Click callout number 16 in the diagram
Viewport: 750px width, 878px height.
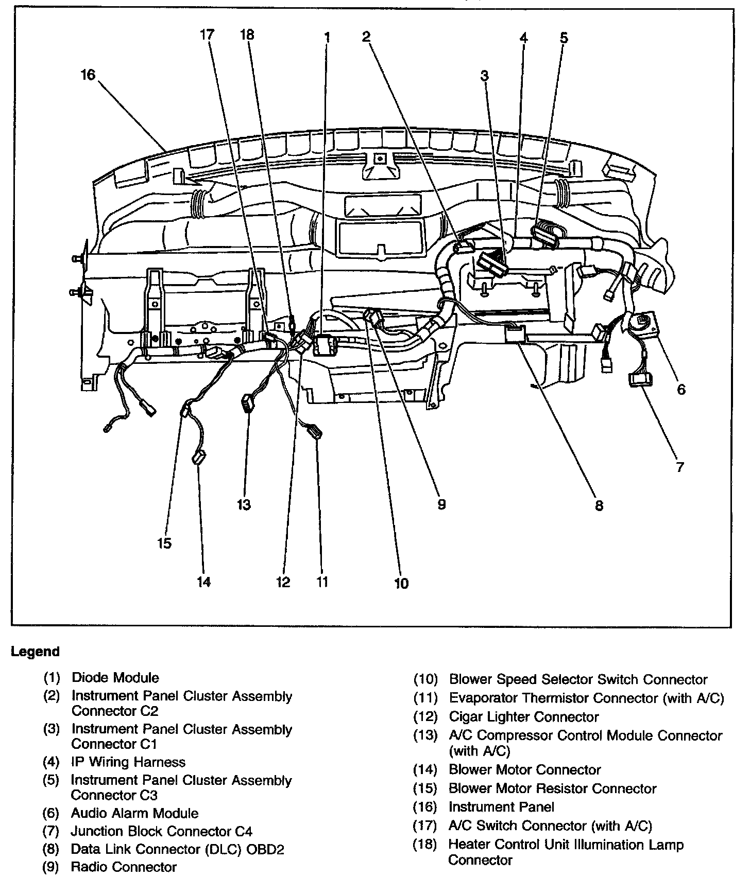(88, 75)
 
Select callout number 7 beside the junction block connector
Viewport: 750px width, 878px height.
(680, 467)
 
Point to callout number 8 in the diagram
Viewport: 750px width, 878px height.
(599, 505)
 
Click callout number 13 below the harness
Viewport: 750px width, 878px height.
(244, 504)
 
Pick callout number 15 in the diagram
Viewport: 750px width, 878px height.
(164, 543)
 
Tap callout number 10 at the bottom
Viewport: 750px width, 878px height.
(401, 583)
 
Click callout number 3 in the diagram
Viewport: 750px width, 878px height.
(484, 76)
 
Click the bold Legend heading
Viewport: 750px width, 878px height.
(35, 652)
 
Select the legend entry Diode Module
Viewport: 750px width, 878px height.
(115, 678)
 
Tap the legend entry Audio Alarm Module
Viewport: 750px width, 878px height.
(134, 813)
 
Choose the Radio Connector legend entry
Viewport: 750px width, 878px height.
(124, 867)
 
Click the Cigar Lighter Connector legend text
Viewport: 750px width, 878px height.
(523, 717)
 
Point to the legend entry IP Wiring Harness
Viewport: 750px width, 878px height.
(128, 762)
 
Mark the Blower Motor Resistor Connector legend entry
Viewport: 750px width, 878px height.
(552, 788)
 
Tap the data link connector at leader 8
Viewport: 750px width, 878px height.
(515, 333)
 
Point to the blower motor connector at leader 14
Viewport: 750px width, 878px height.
(198, 457)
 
